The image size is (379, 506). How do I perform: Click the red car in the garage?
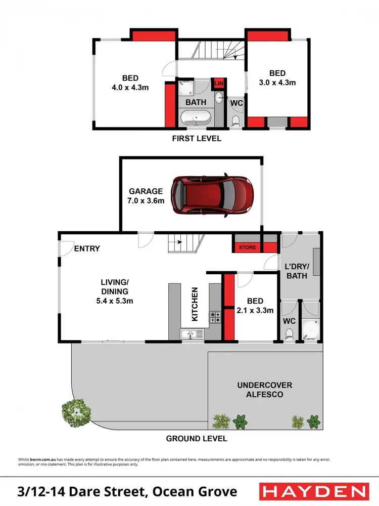click(212, 195)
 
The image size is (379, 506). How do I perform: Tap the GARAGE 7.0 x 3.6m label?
click(146, 195)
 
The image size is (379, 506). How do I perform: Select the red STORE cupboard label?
click(247, 247)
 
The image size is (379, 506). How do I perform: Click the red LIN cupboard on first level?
click(219, 83)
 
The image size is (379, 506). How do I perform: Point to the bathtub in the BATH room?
click(196, 120)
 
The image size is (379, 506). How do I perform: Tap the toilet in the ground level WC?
click(290, 333)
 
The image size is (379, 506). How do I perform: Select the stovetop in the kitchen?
click(215, 317)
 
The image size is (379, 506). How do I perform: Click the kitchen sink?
click(192, 334)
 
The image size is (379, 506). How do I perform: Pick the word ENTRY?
click(87, 248)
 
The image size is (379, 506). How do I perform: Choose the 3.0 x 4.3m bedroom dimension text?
click(277, 82)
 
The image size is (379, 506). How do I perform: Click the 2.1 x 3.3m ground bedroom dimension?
click(255, 310)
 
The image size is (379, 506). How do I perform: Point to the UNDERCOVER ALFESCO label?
click(265, 390)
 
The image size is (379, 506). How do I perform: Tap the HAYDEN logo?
click(313, 491)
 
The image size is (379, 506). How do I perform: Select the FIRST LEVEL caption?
click(196, 138)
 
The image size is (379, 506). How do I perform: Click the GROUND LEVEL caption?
click(197, 439)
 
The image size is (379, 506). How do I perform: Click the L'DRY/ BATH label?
click(297, 271)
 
